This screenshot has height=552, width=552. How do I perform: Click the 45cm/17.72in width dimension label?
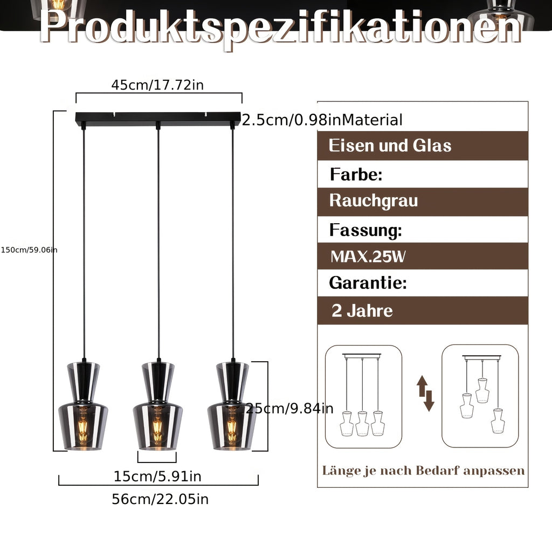pos(157,85)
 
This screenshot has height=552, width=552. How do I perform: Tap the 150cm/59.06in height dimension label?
pos(29,250)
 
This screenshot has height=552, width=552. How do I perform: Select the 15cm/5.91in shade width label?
pos(157,477)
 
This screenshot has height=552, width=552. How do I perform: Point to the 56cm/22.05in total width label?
pos(160,499)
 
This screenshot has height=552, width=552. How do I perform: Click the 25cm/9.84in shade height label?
pos(289,409)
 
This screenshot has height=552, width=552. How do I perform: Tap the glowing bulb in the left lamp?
pos(82,427)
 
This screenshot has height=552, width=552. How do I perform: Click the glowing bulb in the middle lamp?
pos(158,427)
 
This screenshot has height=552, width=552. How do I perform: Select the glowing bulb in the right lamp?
pos(232,427)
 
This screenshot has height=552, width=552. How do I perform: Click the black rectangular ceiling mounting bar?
pos(158,119)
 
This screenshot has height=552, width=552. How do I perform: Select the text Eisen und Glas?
pos(390,146)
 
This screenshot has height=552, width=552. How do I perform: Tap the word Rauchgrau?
pos(374,201)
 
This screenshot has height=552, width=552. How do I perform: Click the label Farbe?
pos(356,174)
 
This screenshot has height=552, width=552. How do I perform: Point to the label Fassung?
pos(366,230)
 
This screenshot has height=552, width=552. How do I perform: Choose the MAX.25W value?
pos(368,256)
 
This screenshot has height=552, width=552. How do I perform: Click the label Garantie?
pos(368,282)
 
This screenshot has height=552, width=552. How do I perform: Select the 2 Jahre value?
pos(362,310)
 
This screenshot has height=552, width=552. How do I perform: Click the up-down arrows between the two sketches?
pos(425,393)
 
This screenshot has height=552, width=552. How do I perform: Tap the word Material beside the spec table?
pos(372,120)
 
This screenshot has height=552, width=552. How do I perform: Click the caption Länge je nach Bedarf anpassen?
pos(423,471)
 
